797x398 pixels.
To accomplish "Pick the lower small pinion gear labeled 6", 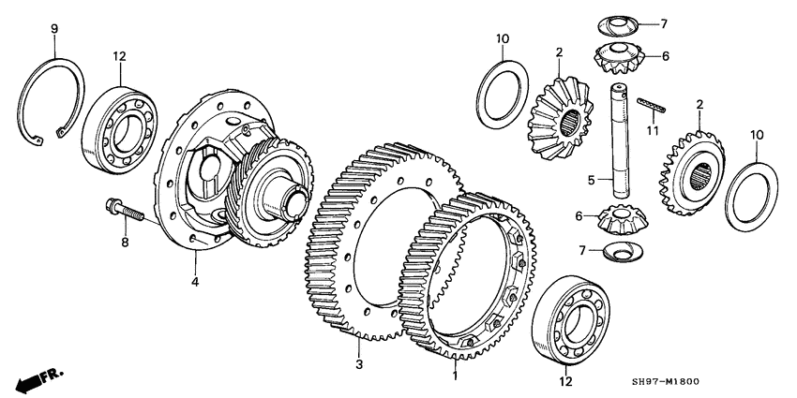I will tap(620, 221).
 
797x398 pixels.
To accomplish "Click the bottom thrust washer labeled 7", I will tap(621, 250).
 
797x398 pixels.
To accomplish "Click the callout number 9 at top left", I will tap(53, 30).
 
